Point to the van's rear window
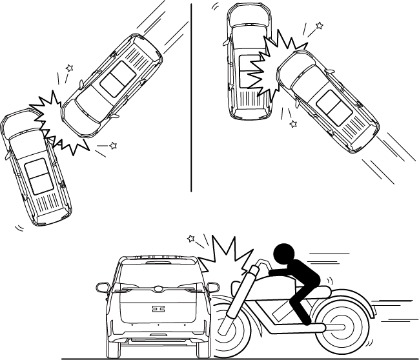coord(158,275)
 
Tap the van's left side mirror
coord(102,287)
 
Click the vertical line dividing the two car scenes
coord(192,97)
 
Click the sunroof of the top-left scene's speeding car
coord(115,81)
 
